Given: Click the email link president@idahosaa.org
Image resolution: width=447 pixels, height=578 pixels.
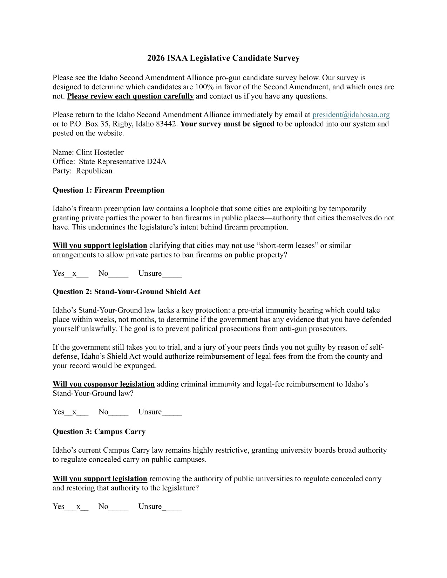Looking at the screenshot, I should point(351,115).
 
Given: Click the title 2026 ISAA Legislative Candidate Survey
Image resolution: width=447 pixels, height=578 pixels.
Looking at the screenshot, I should point(223,58).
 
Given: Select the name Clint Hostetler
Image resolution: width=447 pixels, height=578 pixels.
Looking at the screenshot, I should point(100,152).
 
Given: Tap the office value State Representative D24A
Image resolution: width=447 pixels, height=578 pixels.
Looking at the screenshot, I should point(122,161).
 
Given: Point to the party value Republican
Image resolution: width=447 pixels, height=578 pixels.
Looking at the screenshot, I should point(94,171).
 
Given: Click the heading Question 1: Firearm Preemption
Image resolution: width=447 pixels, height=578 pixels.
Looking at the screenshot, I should point(108,190).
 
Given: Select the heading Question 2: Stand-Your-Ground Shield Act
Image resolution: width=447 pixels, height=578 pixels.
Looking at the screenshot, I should point(126,292).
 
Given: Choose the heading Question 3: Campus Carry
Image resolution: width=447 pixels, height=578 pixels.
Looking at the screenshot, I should point(99,432).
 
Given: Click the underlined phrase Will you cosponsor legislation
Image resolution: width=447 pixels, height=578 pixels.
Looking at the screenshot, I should point(103,384).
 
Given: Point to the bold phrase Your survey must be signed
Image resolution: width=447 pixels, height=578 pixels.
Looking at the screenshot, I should point(227,124).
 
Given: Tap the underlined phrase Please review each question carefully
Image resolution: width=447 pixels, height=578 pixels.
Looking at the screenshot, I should point(130,96).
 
